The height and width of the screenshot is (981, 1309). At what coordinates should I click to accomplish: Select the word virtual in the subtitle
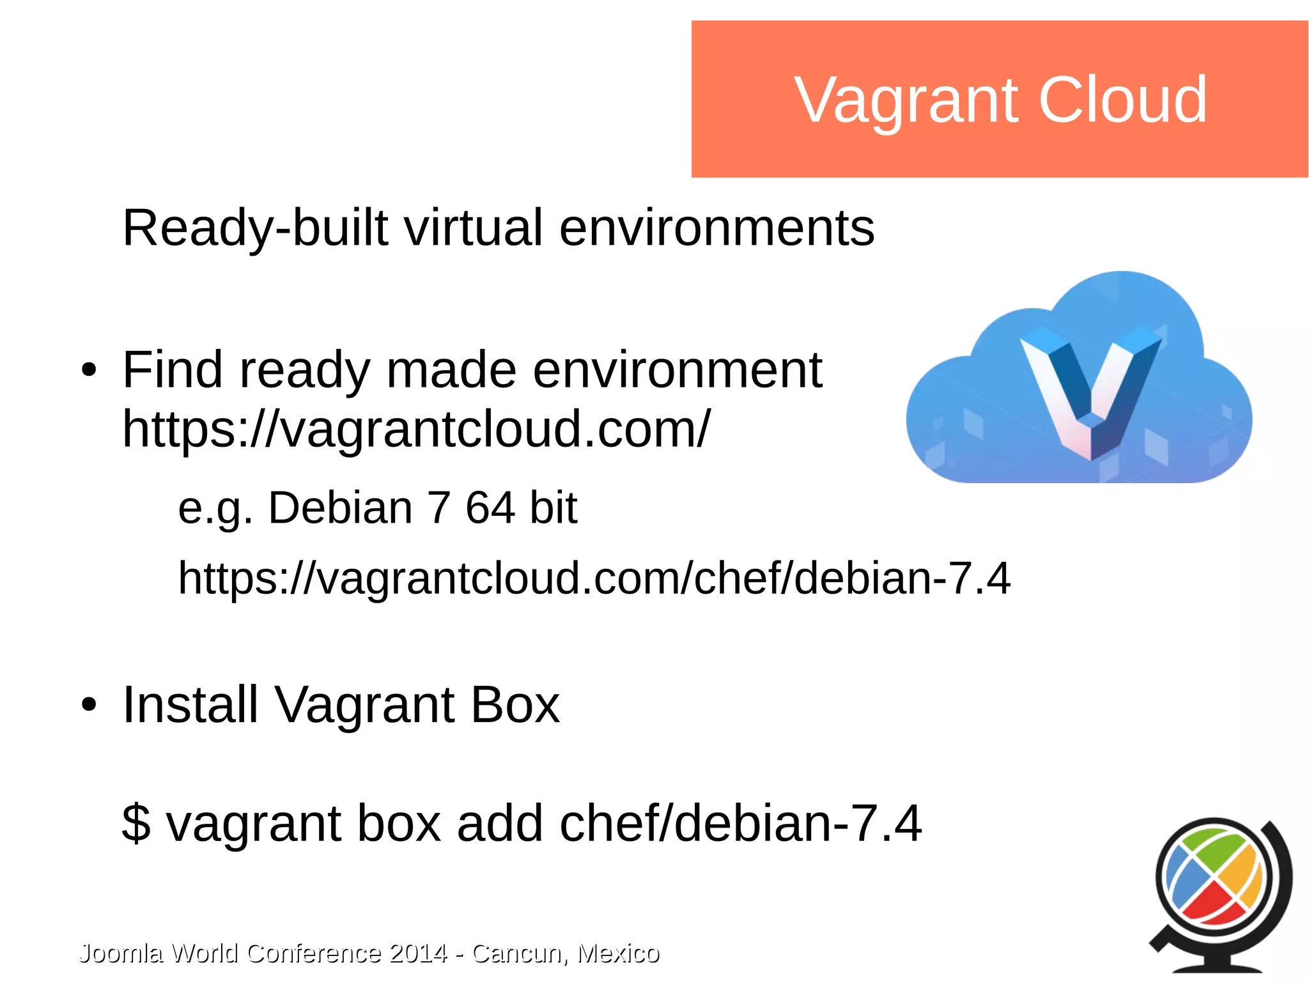[x=474, y=228]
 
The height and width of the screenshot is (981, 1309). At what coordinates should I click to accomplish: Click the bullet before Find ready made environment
[x=89, y=371]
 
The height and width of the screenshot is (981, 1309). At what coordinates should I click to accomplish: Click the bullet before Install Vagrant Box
[x=89, y=705]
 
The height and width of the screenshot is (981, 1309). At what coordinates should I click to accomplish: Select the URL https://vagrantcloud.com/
[x=415, y=429]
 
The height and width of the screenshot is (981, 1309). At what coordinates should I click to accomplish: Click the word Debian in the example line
[x=340, y=508]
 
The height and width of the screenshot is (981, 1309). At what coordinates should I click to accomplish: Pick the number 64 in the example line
[x=490, y=508]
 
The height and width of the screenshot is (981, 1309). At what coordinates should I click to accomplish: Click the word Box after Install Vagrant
[x=515, y=705]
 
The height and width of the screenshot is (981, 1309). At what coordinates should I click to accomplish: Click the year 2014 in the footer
[x=418, y=953]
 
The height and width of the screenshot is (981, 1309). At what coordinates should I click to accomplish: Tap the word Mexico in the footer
[x=617, y=953]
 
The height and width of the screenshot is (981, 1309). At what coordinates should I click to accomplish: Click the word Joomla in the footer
[x=121, y=953]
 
